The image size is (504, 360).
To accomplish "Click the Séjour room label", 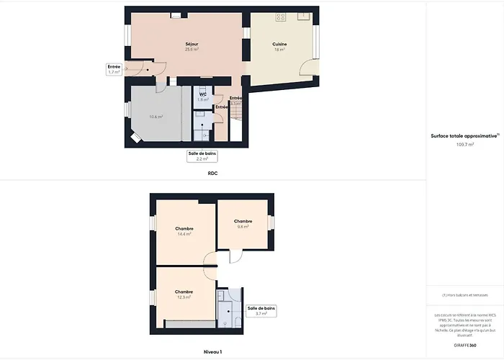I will click(192, 44).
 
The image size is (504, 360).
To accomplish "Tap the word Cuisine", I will click(279, 45).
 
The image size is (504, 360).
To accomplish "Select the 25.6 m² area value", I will click(192, 50).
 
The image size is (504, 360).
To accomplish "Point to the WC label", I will click(203, 94).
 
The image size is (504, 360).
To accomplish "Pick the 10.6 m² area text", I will click(156, 116).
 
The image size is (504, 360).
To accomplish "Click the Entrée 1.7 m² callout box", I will click(113, 69).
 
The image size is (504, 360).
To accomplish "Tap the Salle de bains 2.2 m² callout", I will click(202, 156).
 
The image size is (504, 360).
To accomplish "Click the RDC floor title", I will click(212, 174).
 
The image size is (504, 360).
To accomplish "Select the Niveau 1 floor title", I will click(212, 352).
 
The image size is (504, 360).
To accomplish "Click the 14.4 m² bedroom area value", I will click(184, 234).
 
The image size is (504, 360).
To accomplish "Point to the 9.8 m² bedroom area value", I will click(243, 227).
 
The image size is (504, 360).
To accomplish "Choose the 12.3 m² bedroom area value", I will click(184, 297).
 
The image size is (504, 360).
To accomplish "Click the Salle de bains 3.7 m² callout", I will click(261, 311).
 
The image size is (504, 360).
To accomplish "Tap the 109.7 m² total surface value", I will click(465, 145).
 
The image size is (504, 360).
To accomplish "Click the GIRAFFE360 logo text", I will click(465, 346).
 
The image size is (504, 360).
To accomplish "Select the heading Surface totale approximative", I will click(464, 135).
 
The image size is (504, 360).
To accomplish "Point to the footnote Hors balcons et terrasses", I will click(465, 295).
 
